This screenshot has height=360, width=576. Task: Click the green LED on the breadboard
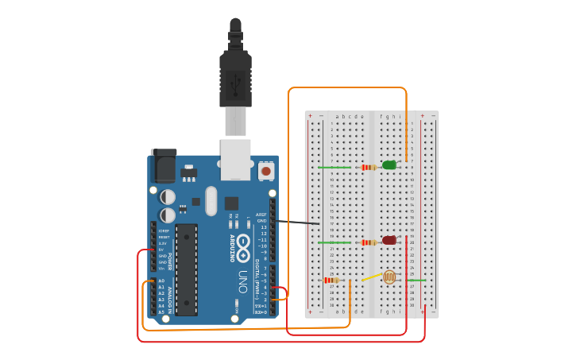pos(389,165)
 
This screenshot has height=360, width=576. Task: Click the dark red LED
pos(389,240)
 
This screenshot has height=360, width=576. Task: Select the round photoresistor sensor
pos(389,277)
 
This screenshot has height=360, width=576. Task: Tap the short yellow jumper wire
pos(371,277)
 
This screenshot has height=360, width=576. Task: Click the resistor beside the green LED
pos(368,167)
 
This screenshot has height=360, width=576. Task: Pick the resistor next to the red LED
pos(368,242)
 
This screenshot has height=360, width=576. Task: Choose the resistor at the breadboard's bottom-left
pos(331,280)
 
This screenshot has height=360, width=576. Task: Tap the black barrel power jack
pos(163,166)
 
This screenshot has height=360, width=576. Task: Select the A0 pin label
pos(161,281)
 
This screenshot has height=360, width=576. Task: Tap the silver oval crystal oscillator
pos(211,200)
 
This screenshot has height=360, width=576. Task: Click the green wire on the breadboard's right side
pos(416,280)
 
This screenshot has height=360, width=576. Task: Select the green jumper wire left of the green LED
pos(334,167)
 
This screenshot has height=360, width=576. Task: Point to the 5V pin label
pos(162,250)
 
